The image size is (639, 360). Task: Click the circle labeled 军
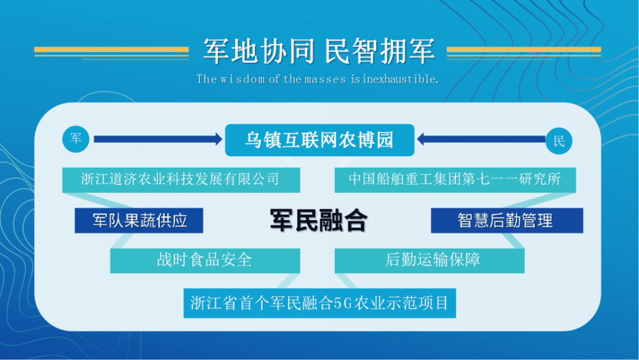(x=76, y=139)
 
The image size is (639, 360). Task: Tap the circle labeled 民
(x=559, y=141)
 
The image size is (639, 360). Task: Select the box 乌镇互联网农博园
(x=319, y=140)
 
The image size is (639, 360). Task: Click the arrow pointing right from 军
(x=158, y=139)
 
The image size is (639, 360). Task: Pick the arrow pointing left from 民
(x=481, y=139)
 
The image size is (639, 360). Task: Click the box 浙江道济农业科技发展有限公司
(x=181, y=180)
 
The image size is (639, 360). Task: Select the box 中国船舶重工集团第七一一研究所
(x=455, y=180)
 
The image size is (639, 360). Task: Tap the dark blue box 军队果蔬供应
(x=139, y=221)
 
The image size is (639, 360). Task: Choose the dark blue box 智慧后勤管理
(x=507, y=221)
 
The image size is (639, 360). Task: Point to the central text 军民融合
(x=319, y=221)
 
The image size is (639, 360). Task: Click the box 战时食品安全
(x=205, y=261)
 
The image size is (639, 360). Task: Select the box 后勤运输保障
(x=430, y=261)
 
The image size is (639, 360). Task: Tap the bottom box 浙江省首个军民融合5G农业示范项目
(x=319, y=303)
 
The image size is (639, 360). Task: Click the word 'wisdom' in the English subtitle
(x=243, y=79)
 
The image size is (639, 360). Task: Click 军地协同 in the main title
(x=259, y=52)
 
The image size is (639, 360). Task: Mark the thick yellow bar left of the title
(x=111, y=50)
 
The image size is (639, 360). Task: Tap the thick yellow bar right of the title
(x=524, y=50)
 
